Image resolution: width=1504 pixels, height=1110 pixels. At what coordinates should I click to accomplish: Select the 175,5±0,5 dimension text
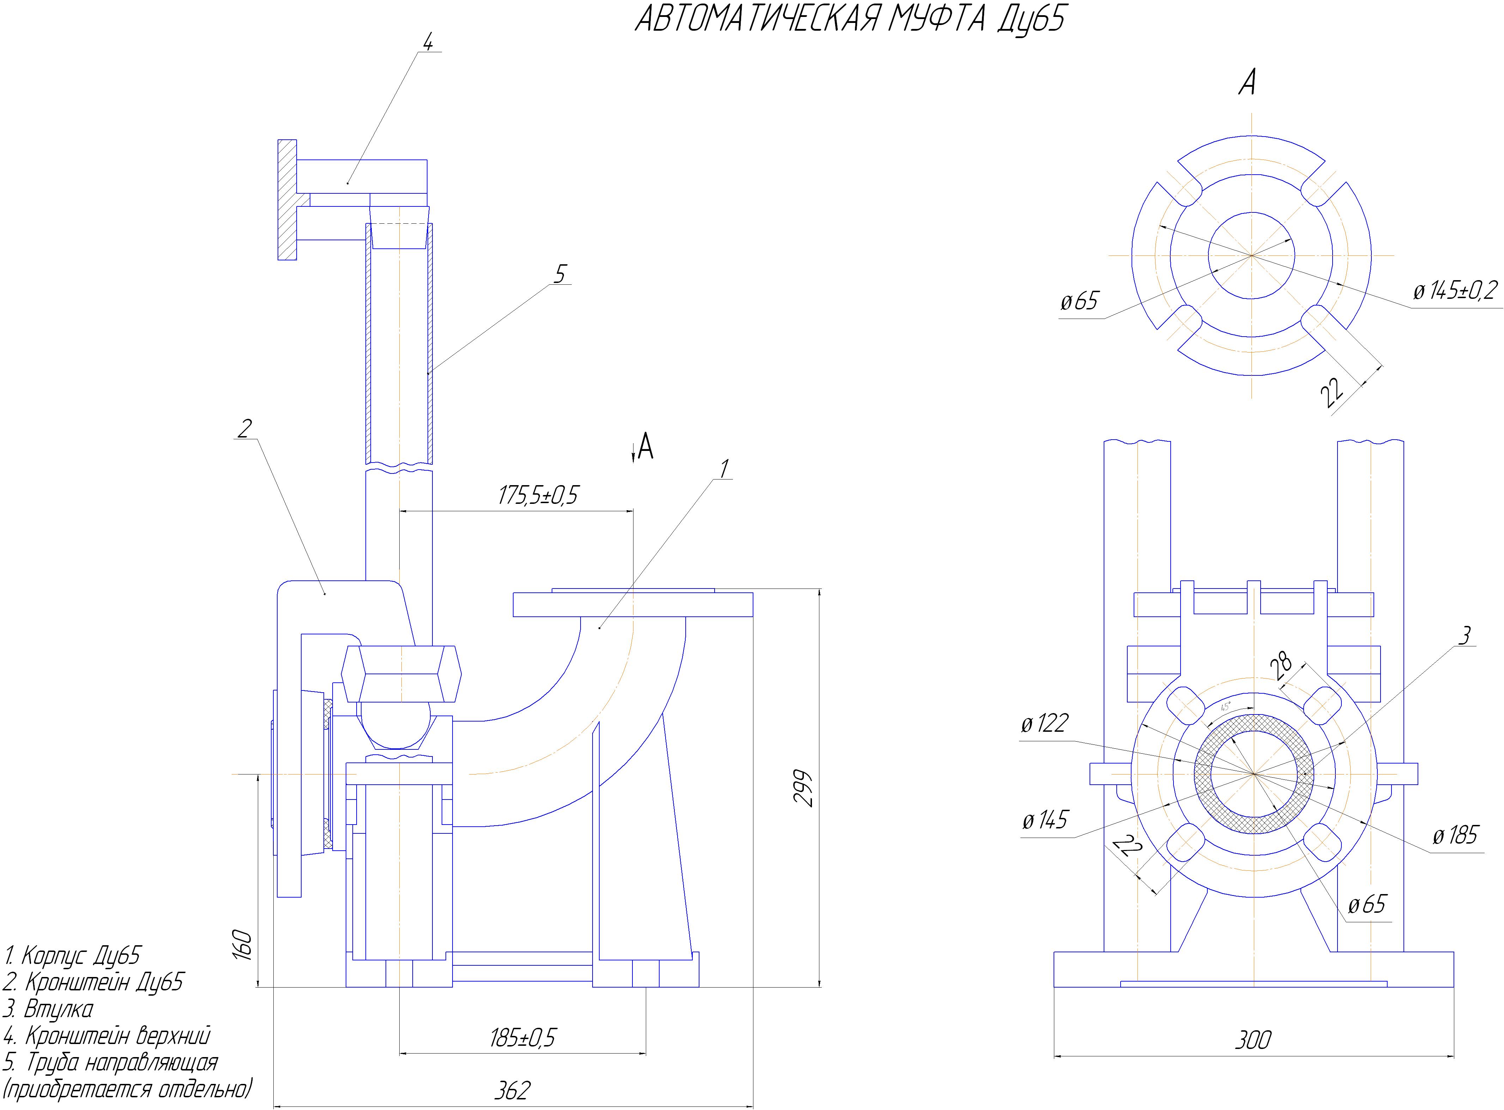(538, 495)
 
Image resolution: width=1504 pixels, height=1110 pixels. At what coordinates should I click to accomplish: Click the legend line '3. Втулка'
(48, 1008)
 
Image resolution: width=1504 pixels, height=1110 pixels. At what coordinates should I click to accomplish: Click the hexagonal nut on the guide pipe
(401, 673)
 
